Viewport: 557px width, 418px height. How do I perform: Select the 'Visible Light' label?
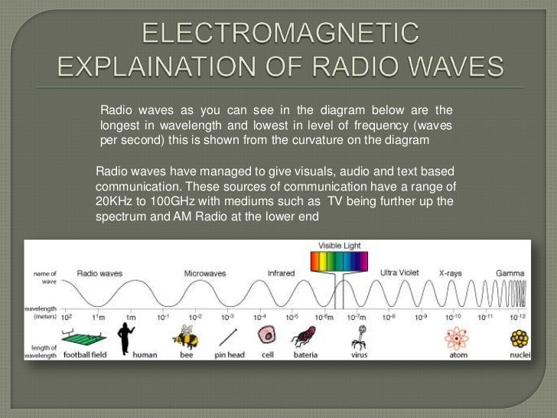339,245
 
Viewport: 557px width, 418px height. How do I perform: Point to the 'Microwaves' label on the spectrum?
205,273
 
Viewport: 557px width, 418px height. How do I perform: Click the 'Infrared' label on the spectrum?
281,273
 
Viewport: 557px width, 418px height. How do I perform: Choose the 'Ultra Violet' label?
399,273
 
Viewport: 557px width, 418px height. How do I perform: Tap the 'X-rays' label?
453,273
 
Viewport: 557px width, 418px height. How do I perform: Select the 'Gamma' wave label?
510,273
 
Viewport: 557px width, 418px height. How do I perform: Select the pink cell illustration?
267,335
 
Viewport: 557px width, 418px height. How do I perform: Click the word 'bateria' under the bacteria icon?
306,354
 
